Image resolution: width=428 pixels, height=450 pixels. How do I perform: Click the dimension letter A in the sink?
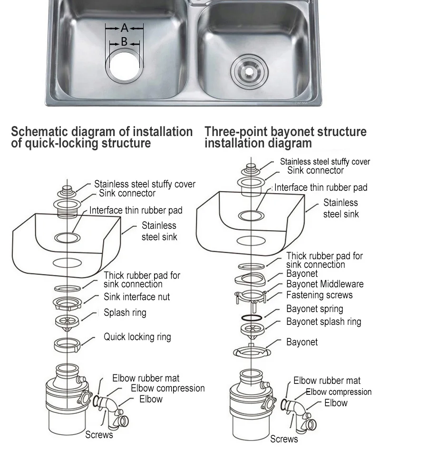coord(124,29)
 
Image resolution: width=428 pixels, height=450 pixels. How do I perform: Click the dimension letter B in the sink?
coord(124,42)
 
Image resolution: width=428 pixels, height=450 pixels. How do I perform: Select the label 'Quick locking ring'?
coord(137,337)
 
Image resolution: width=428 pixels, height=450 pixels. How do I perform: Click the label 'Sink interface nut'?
coord(136,297)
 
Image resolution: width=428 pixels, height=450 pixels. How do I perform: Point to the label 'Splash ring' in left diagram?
coord(125,313)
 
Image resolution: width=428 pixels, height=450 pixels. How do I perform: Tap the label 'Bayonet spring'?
coord(314,309)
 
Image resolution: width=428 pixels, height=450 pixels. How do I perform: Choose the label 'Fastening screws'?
coord(319,295)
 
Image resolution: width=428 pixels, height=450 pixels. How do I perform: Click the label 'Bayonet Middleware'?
coord(324,284)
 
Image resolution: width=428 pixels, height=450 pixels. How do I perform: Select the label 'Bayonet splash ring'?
coord(323,322)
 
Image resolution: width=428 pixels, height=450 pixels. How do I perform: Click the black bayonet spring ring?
coord(251,317)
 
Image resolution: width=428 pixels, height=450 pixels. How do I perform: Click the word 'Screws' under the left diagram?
coord(99,435)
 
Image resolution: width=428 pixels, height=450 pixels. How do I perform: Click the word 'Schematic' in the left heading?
coord(39,132)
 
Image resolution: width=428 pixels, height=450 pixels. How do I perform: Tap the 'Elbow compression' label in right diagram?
coord(338,392)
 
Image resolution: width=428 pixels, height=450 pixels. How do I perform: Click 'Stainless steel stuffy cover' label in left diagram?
coord(144,184)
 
